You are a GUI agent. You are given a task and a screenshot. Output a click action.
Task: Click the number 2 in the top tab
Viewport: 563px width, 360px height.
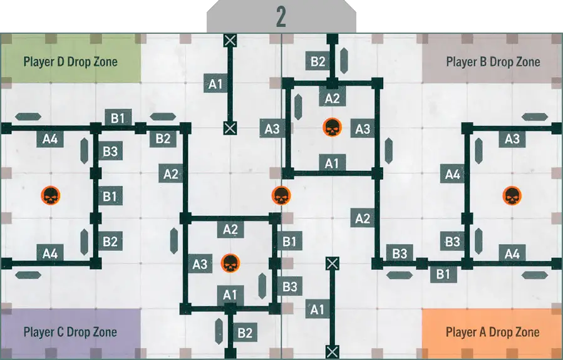281,18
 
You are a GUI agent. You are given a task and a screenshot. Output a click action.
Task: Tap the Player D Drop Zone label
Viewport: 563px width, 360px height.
70,62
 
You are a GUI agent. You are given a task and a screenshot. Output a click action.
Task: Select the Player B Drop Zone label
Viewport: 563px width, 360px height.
493,62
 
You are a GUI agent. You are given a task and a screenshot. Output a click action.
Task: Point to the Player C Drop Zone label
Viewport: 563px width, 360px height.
70,332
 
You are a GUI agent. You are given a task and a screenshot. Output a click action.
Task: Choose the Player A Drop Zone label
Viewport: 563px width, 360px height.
493,332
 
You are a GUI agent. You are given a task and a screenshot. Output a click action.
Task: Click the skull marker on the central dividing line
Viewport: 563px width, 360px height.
281,196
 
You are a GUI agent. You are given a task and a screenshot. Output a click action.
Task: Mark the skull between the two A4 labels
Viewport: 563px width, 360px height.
51,196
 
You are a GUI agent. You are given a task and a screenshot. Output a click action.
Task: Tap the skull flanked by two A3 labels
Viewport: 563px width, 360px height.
331,128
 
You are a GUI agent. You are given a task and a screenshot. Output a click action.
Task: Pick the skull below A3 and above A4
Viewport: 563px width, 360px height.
512,196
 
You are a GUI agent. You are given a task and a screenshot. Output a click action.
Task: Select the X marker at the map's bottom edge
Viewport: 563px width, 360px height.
332,351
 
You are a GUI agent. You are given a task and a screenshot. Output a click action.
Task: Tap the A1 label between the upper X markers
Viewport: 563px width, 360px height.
216,83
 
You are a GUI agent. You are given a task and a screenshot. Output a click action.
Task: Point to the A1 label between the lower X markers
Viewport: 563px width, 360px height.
318,309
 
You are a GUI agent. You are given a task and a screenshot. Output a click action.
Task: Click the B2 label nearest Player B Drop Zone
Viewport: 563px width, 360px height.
318,61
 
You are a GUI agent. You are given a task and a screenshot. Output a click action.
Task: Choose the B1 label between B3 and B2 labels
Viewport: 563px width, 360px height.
110,196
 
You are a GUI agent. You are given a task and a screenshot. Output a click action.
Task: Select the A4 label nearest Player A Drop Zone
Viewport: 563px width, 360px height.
512,254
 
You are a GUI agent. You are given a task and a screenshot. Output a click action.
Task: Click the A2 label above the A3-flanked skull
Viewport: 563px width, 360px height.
332,98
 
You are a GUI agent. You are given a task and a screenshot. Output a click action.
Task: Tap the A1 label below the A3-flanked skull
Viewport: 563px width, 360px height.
332,163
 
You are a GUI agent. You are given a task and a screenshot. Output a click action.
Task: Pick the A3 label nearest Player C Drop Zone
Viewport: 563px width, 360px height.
200,264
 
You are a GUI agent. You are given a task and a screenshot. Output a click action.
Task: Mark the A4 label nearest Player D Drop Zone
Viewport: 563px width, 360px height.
51,138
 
